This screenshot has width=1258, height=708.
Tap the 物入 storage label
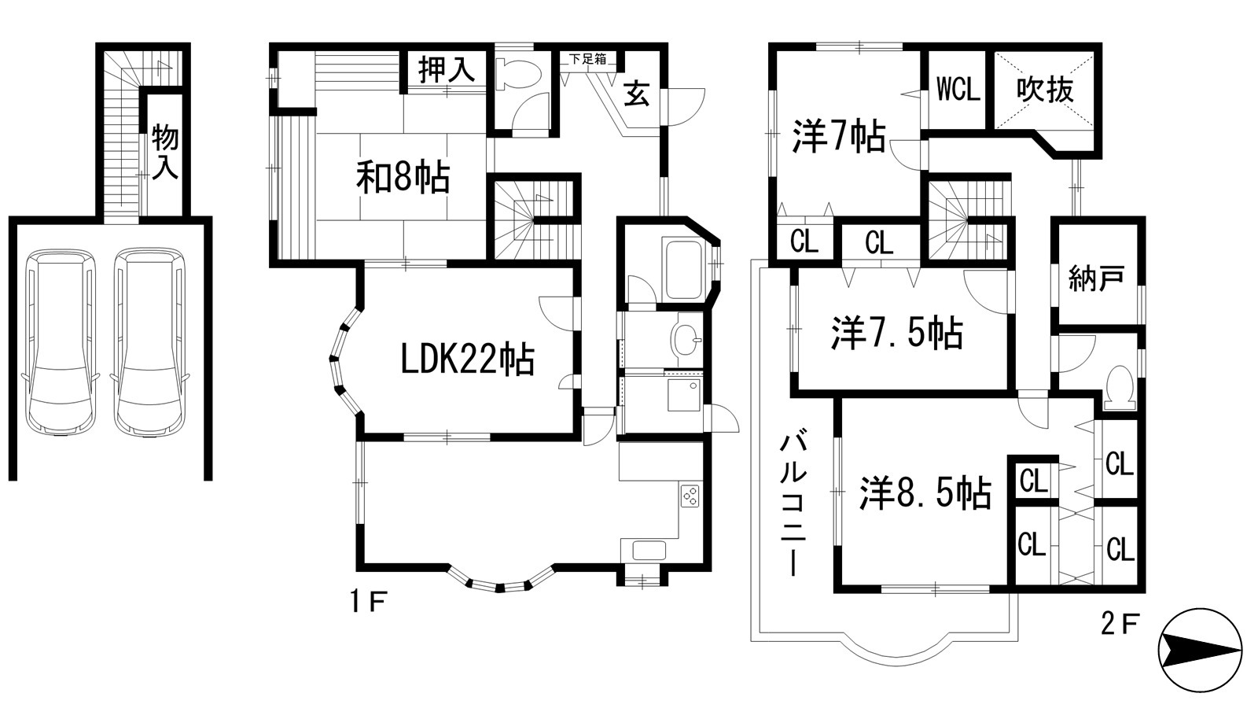click(165, 152)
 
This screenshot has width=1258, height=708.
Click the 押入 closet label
click(447, 71)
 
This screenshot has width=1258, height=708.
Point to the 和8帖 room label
click(403, 178)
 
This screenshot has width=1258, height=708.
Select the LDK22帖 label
click(468, 360)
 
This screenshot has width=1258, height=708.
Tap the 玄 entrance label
click(638, 95)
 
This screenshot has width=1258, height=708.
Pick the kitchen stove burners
click(690, 496)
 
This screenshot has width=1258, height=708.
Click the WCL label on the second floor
click(958, 90)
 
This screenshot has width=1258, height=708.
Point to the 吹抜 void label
click(1045, 90)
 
